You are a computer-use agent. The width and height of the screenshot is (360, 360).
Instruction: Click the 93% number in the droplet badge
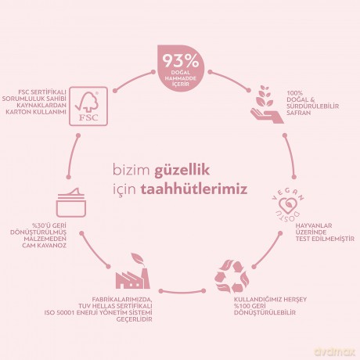click(181, 62)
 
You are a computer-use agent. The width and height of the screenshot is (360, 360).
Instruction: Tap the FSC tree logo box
click(88, 106)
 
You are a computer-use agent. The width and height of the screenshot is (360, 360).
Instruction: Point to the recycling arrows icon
click(232, 275)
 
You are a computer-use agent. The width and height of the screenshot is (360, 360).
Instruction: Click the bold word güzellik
click(182, 171)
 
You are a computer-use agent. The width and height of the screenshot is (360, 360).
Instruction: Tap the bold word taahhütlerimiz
click(194, 189)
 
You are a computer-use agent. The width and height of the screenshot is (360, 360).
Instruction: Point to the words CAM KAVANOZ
click(44, 246)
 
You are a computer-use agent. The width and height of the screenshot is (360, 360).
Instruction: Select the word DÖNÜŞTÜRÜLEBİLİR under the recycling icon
click(265, 313)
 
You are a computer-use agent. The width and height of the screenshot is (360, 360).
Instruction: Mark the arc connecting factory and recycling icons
click(182, 292)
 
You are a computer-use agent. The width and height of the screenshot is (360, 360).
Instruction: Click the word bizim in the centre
click(131, 171)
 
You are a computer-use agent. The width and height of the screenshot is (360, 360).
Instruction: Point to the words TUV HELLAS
click(97, 306)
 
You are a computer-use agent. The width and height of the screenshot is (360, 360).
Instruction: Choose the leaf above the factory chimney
click(138, 258)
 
